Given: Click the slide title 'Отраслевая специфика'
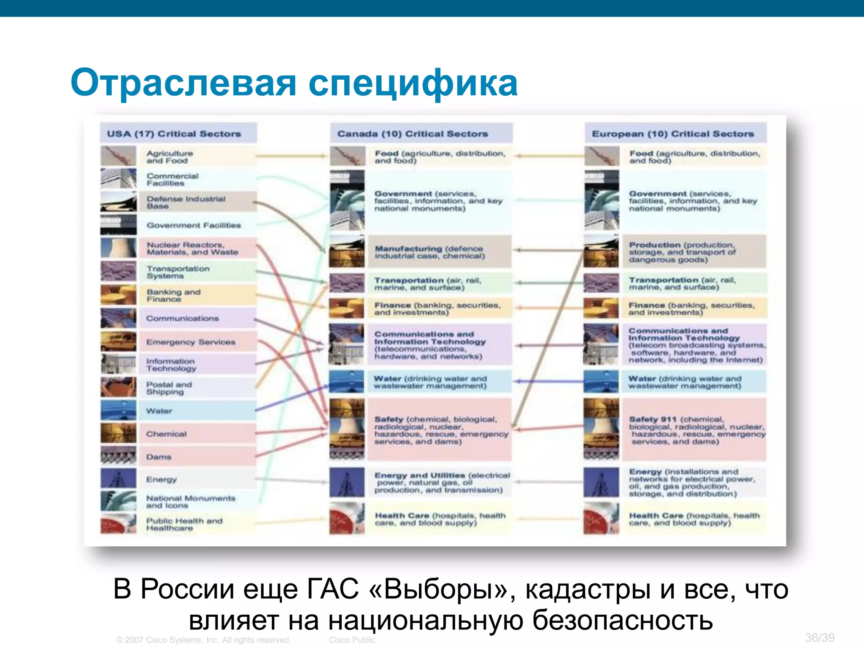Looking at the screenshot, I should [x=294, y=83].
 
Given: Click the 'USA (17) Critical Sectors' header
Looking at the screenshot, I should [x=174, y=134].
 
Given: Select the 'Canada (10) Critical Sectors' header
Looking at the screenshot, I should [x=413, y=134].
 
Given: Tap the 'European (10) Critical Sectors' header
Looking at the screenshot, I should [x=672, y=134].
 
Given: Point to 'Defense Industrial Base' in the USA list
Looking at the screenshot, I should [x=186, y=202].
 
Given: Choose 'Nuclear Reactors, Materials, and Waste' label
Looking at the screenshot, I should [x=192, y=248].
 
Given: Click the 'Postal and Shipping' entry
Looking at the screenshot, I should [x=169, y=388].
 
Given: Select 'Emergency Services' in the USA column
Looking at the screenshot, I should [x=191, y=342].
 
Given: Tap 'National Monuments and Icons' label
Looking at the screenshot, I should [x=191, y=502].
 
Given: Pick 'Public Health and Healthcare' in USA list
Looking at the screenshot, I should [x=184, y=524].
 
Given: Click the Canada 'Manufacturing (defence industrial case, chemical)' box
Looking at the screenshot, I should [x=430, y=252].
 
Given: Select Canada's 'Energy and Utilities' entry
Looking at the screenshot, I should [x=442, y=483].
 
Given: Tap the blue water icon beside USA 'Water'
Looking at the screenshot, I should [x=119, y=410].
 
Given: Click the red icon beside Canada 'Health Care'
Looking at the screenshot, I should [x=347, y=519].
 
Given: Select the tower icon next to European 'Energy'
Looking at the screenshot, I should [x=601, y=482].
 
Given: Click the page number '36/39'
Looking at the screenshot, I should [x=819, y=637].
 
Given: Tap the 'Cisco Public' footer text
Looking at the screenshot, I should [x=352, y=640].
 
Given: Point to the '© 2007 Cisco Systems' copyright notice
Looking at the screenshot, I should [x=203, y=640].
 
